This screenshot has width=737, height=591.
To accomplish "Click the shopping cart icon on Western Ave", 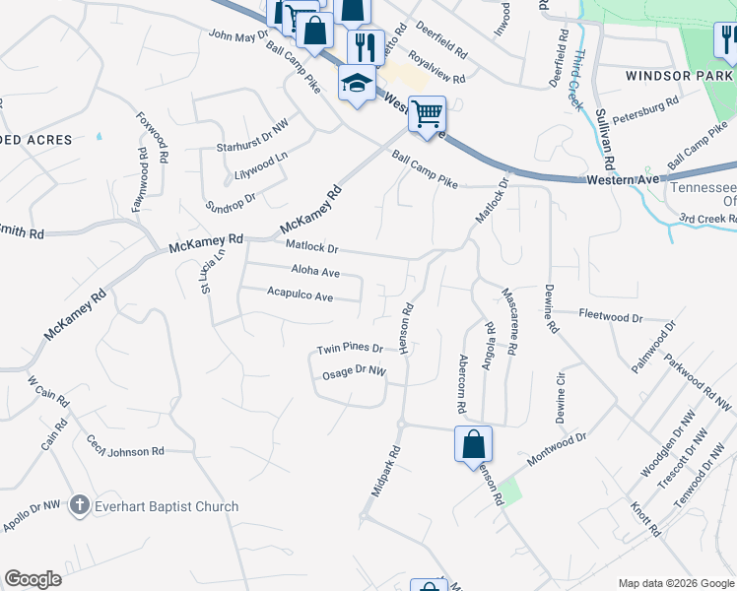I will coord(427,113).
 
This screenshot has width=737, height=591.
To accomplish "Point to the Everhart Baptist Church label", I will coord(167,506).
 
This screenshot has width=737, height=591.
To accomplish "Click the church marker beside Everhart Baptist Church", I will coord(80,506).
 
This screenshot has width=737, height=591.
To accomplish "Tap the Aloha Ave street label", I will coord(315,272).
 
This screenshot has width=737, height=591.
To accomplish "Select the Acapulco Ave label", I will coord(301,294).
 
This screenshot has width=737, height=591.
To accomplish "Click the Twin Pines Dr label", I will coord(349,350).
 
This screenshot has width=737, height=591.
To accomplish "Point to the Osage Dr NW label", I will coord(355,372).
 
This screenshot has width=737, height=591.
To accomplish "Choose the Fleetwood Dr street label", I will coord(611,318).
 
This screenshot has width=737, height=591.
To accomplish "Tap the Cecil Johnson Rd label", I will coord(124,446).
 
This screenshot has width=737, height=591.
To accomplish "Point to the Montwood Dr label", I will coord(557,448).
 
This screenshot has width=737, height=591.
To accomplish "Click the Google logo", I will coord(33,579).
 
